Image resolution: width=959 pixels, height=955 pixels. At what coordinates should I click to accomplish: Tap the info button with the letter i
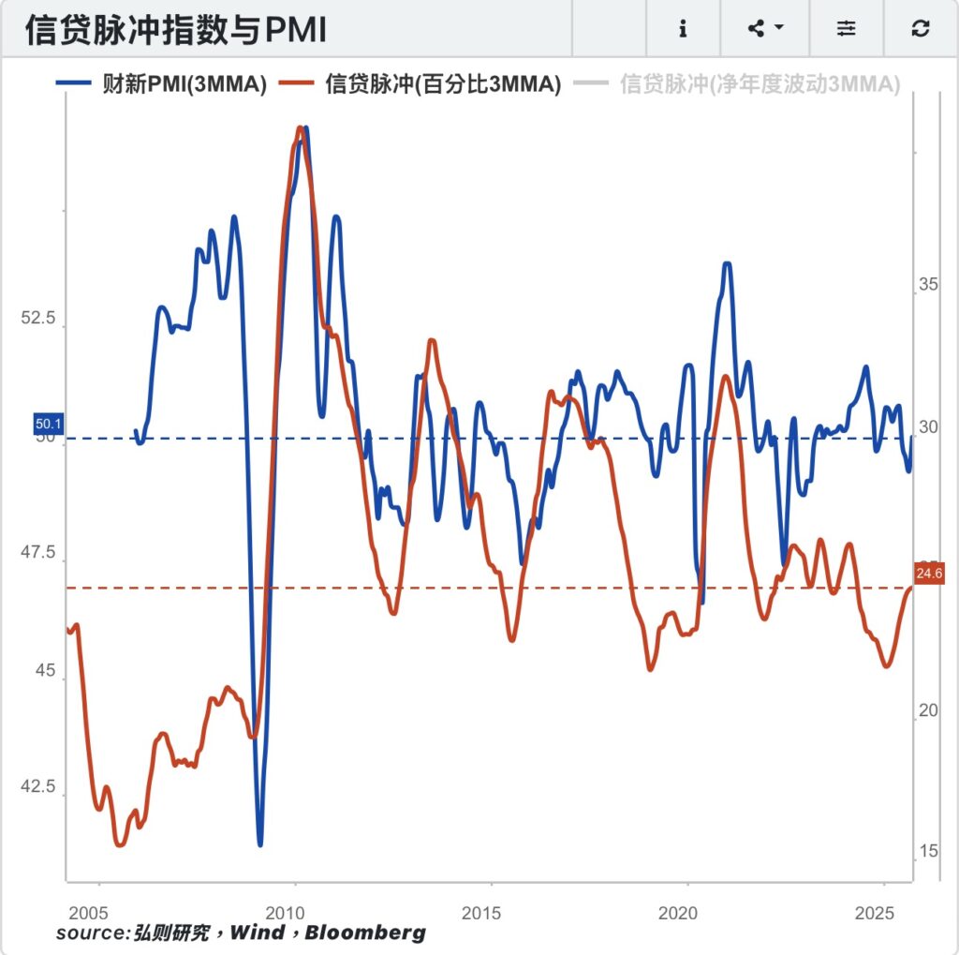point(683,29)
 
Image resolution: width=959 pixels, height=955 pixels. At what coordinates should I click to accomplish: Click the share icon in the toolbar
point(764,29)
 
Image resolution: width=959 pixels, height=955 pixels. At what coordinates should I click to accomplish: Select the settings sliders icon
point(847,29)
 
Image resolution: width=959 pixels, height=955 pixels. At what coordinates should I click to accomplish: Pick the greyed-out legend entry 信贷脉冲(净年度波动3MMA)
point(760,84)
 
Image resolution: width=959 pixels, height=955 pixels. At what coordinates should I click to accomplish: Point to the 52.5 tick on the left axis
point(37,319)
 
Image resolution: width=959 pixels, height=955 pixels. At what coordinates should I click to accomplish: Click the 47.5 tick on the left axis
point(37,552)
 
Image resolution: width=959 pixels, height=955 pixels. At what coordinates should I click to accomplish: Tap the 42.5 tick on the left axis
point(37,785)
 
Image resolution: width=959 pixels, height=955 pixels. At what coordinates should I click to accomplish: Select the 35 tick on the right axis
point(928,284)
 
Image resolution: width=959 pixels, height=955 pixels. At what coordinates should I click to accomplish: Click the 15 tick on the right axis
point(928,851)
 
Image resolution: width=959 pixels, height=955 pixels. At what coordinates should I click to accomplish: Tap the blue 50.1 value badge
point(48,425)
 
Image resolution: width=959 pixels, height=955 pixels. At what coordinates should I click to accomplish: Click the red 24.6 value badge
point(929,574)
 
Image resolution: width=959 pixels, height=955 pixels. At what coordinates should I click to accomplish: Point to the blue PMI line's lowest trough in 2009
point(259,843)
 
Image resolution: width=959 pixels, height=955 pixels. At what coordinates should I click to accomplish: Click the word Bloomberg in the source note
point(365,933)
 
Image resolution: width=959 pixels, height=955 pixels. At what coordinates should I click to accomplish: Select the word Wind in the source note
point(258,933)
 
